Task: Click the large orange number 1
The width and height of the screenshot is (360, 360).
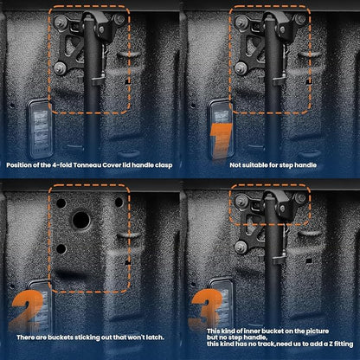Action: click(222, 141)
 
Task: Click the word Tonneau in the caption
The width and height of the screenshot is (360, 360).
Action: click(87, 165)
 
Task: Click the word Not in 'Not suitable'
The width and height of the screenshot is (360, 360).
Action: click(235, 165)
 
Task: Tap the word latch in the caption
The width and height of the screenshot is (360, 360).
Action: click(155, 337)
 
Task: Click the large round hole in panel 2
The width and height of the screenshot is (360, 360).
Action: click(81, 220)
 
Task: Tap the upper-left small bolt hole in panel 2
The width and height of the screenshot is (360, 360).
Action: click(61, 203)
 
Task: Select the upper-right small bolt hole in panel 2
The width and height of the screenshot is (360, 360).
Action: click(119, 202)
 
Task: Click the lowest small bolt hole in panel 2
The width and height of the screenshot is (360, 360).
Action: click(61, 248)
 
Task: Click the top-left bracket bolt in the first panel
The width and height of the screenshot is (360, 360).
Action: click(61, 22)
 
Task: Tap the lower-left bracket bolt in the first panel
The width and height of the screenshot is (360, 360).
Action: click(61, 68)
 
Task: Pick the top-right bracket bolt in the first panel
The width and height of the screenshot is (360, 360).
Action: click(119, 19)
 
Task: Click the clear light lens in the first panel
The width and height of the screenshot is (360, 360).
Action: click(40, 128)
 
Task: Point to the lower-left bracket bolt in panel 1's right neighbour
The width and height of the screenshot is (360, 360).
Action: click(241, 68)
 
